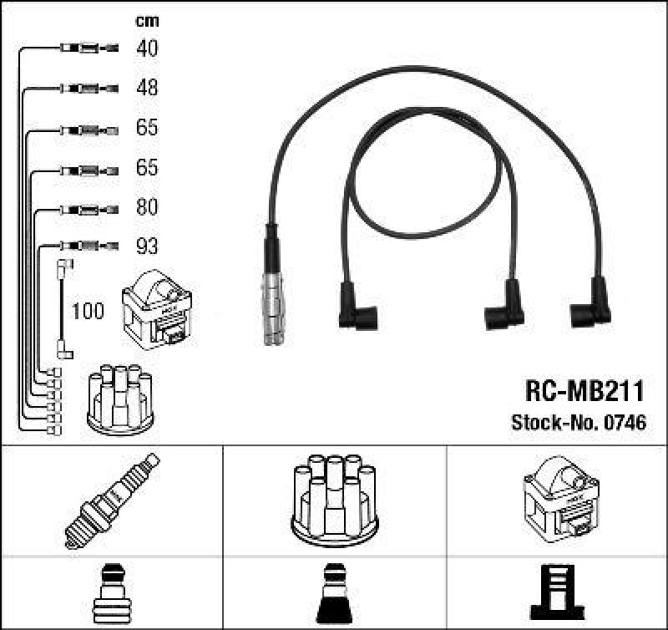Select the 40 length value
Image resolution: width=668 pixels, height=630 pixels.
pyautogui.click(x=147, y=48)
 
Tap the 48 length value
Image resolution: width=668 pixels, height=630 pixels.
pyautogui.click(x=147, y=88)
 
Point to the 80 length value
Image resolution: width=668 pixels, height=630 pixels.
pyautogui.click(x=147, y=206)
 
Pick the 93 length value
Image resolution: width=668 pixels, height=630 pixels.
pyautogui.click(x=147, y=246)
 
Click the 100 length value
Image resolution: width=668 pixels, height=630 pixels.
pyautogui.click(x=88, y=312)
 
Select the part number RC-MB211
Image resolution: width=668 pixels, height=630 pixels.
pyautogui.click(x=584, y=390)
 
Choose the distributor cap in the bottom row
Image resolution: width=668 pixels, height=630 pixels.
pyautogui.click(x=334, y=498)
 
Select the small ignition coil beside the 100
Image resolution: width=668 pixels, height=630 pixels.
pyautogui.click(x=158, y=312)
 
